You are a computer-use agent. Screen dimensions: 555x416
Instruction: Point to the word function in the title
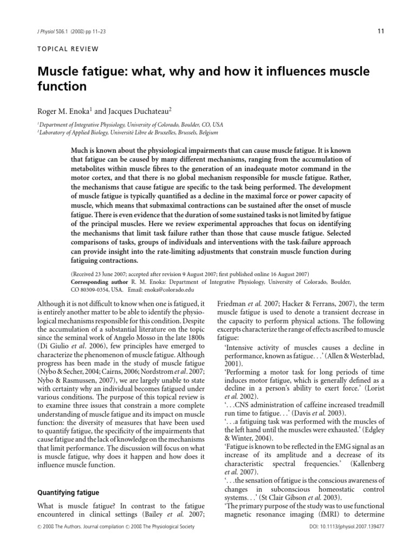tap(61, 87)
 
